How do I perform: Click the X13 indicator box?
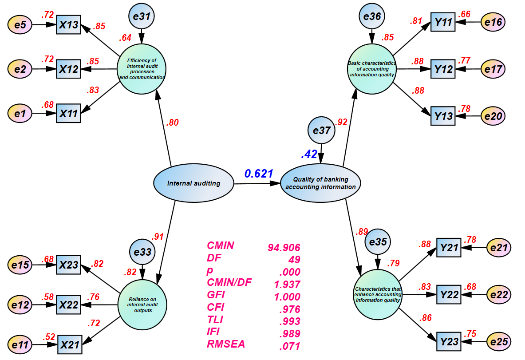point(69,25)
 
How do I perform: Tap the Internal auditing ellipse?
point(193,183)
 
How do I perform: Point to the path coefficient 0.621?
point(258,174)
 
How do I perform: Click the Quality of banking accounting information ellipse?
point(320,183)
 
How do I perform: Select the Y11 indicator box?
point(443,22)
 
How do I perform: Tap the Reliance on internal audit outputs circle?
point(143,305)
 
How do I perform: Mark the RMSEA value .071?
point(290,346)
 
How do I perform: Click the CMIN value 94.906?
point(284,247)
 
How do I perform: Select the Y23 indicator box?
point(449,341)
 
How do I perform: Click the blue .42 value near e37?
point(309,154)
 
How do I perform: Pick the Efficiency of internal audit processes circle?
point(142,69)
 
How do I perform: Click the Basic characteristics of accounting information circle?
point(372,69)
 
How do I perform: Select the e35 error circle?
point(378,242)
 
